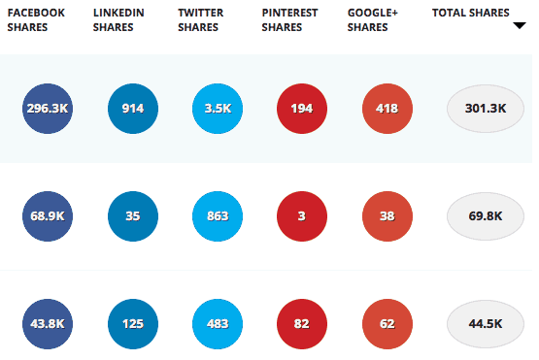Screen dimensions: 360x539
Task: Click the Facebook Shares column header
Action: click(x=36, y=19)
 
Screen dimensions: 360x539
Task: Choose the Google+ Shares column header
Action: click(x=368, y=19)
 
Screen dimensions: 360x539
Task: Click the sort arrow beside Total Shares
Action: click(x=519, y=25)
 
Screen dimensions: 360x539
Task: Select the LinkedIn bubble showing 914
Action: click(x=133, y=108)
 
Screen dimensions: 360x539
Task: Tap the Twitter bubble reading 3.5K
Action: click(x=218, y=108)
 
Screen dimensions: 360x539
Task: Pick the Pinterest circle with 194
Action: click(x=302, y=108)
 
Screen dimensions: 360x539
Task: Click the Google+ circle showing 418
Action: click(x=387, y=108)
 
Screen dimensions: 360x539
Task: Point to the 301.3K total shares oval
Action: click(x=486, y=108)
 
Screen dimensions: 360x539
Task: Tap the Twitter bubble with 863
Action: click(x=218, y=215)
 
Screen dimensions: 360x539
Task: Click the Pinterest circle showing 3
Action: click(x=302, y=215)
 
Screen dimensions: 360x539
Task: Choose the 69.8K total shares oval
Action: click(x=486, y=215)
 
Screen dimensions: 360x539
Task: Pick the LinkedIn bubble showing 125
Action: click(x=133, y=322)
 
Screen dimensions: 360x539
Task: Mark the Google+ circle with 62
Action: click(x=387, y=322)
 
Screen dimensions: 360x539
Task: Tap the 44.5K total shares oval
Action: click(x=486, y=322)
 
